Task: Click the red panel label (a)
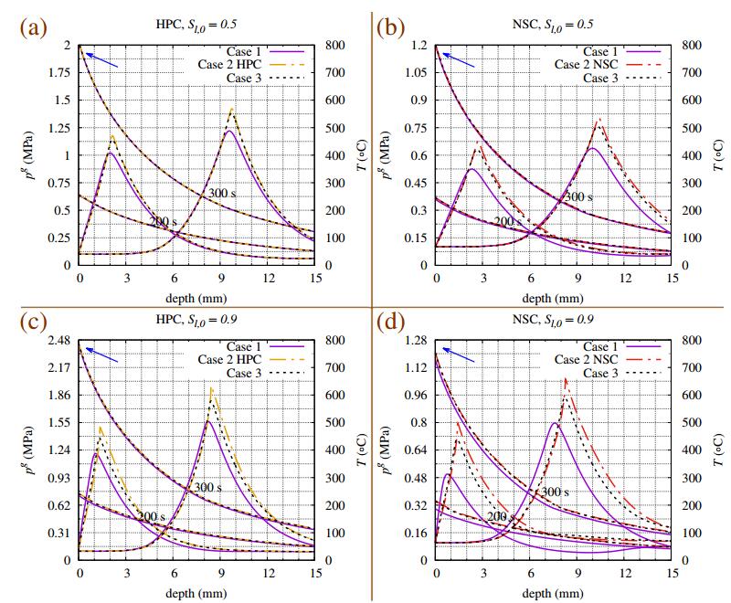33,26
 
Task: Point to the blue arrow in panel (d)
461,354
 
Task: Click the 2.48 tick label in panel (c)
58,340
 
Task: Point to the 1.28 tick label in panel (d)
415,340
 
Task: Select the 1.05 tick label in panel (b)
415,73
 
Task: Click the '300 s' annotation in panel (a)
219,195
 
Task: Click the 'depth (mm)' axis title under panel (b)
553,297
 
